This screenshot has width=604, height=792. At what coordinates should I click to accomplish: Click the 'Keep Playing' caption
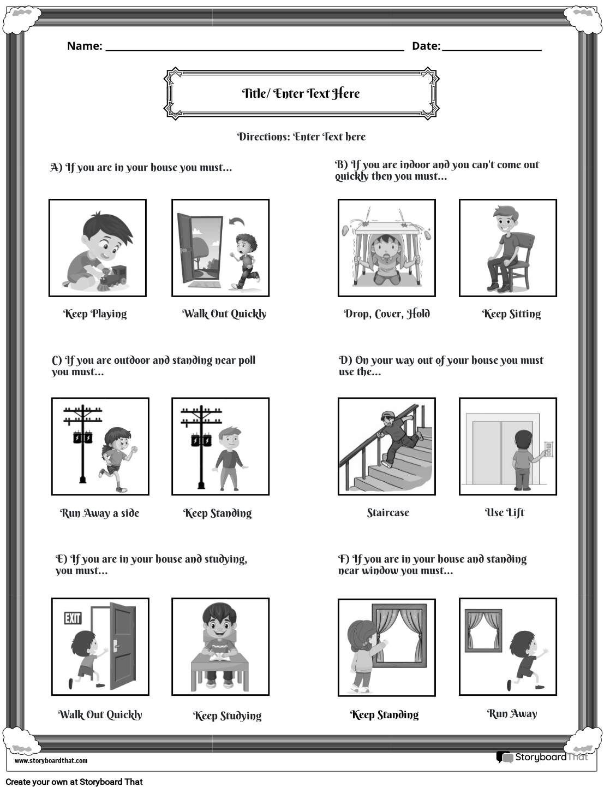tap(95, 314)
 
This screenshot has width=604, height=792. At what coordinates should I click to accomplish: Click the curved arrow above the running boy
tap(237, 221)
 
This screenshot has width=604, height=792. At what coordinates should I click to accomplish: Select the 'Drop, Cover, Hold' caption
tap(387, 314)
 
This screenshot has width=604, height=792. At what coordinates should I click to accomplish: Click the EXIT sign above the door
tap(73, 618)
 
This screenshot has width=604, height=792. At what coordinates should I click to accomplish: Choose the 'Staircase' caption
tap(388, 512)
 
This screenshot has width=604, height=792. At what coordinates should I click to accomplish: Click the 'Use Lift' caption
tap(505, 512)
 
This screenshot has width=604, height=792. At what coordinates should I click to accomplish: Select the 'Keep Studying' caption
tap(227, 716)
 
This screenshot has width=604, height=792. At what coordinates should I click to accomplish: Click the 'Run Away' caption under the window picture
tap(512, 713)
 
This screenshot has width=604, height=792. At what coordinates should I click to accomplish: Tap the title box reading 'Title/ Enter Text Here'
tap(301, 93)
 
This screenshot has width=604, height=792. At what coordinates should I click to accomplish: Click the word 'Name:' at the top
tap(85, 46)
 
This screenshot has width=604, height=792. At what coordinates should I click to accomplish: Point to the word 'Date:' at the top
tap(426, 46)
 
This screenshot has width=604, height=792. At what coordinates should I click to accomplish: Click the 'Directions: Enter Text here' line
tap(301, 137)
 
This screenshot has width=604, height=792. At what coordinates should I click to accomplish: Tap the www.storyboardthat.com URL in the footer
tap(51, 760)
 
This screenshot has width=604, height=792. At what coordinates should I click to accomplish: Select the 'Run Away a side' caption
tap(100, 513)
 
